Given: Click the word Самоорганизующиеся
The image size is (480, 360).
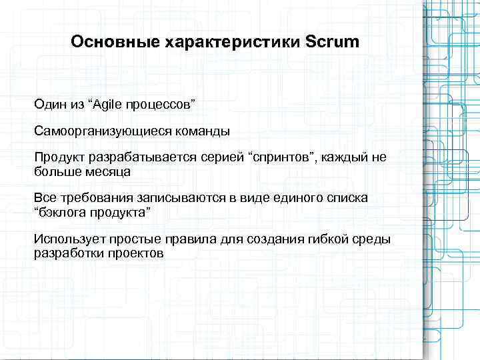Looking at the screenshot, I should [x=104, y=131].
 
